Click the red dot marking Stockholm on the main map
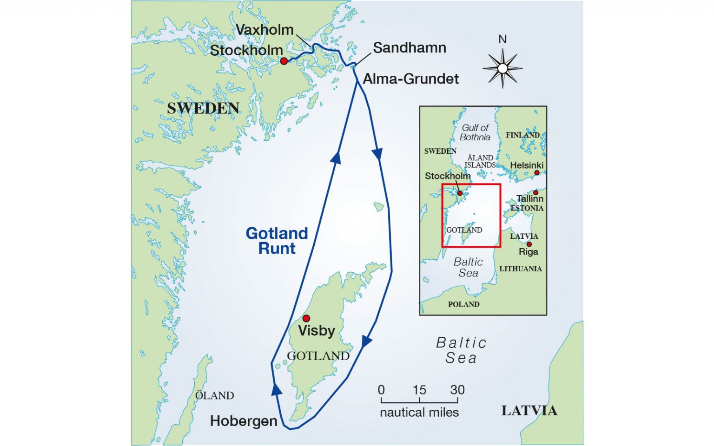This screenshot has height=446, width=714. (284, 61)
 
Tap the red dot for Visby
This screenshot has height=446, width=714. (306, 319)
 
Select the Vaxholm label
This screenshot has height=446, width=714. (264, 30)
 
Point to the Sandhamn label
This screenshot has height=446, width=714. (409, 48)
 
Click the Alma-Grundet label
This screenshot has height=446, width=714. (410, 79)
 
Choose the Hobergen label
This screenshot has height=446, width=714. (244, 421)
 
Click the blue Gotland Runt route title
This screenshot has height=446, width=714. (277, 241)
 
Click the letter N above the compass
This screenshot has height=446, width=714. (502, 39)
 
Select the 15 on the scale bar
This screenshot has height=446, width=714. (419, 390)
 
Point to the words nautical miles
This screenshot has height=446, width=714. (419, 412)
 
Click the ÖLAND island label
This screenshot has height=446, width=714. (214, 396)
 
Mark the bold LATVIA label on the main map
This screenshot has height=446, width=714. (529, 411)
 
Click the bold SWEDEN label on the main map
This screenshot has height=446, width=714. (203, 108)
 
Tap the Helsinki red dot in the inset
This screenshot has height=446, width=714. (537, 173)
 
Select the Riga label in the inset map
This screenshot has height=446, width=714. (529, 252)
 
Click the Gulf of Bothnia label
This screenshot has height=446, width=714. (475, 132)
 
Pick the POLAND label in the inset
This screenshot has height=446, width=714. (463, 304)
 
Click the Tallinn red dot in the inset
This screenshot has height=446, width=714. (535, 192)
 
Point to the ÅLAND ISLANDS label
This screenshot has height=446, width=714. (480, 161)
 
